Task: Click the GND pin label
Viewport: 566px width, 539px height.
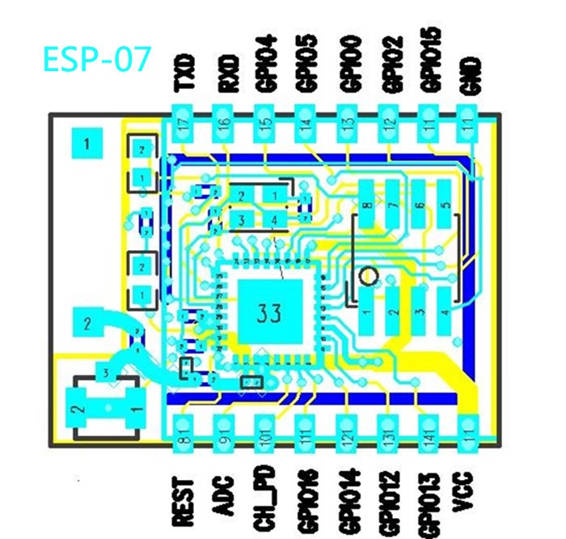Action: pos(470,74)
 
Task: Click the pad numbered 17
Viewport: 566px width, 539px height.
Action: pos(186,125)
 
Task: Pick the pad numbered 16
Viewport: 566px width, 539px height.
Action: pos(225,125)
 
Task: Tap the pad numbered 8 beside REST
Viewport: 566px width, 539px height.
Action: pos(184,436)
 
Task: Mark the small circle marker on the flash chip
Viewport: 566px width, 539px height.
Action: pos(368,277)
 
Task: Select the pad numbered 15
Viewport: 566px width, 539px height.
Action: pos(266,125)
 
